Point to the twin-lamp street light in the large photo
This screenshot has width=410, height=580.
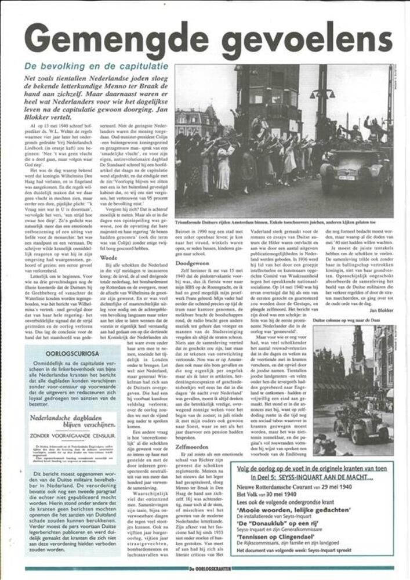[322, 93]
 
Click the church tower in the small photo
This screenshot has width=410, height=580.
[357, 354]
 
